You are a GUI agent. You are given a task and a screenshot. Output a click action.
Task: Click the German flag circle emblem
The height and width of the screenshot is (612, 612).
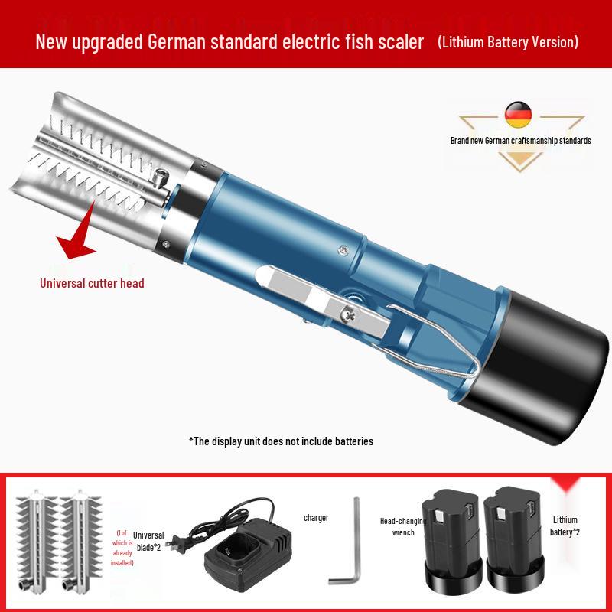(x=519, y=115)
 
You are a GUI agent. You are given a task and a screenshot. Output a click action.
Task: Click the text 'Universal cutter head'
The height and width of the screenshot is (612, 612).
(x=92, y=283)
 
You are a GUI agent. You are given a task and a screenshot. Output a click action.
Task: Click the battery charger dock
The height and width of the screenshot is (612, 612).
(x=249, y=549)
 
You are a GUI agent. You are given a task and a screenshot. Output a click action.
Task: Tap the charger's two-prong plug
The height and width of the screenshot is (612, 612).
(x=174, y=545)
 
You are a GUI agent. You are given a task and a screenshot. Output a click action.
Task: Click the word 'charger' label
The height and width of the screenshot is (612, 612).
(x=316, y=518)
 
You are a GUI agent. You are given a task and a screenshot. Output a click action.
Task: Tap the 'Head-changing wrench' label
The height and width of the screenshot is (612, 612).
(x=403, y=526)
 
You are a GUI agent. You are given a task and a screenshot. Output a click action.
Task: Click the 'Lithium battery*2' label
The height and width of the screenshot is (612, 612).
(x=565, y=526)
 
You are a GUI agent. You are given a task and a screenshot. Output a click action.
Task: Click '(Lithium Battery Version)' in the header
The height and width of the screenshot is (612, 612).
(x=508, y=42)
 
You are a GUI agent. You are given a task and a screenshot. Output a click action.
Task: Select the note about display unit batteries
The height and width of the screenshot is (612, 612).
(x=281, y=441)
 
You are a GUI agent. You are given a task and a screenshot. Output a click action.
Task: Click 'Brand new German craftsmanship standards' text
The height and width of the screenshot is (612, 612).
(x=521, y=141)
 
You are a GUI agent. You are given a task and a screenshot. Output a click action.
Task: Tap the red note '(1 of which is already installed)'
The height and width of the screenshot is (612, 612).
(x=122, y=548)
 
